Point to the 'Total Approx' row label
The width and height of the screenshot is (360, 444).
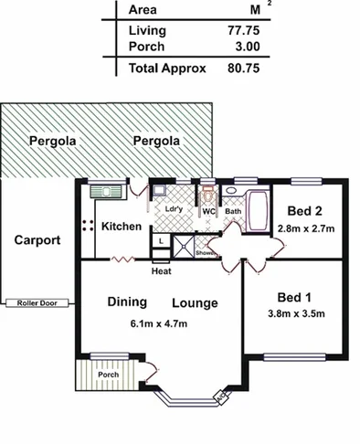point(167,68)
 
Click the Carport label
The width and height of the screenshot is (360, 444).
point(37,241)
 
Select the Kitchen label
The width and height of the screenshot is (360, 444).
point(121,226)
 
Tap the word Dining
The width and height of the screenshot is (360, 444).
point(127,301)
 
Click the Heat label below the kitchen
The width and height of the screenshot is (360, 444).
point(161,270)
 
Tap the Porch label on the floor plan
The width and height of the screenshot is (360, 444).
point(109,374)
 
